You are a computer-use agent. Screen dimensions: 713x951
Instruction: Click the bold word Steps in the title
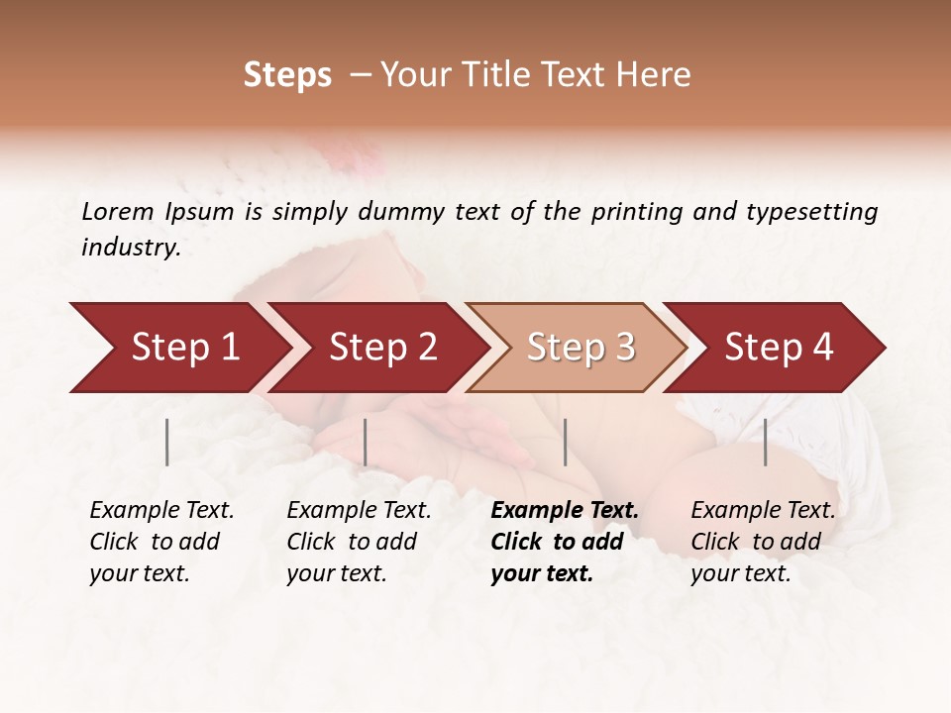tap(287, 75)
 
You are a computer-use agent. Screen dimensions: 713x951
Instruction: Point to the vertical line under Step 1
tap(167, 442)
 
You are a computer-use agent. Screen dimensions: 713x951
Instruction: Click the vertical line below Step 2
tap(366, 442)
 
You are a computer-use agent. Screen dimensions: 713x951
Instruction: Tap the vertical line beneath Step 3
tap(565, 442)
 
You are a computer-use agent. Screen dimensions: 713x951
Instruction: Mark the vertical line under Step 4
tap(765, 442)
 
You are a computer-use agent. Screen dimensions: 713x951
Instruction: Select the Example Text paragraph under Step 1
tap(161, 542)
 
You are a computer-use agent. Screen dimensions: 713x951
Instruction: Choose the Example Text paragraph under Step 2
tap(359, 542)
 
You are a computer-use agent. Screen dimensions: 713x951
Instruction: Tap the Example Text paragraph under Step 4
tap(763, 542)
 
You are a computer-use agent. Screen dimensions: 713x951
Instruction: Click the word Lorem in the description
tap(118, 211)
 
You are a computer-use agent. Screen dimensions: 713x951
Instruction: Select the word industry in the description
tap(130, 248)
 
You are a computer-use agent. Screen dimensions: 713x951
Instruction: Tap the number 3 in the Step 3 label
tap(624, 348)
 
